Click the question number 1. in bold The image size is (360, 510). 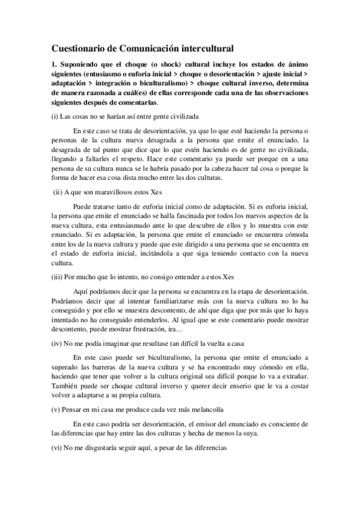pos(55,64)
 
